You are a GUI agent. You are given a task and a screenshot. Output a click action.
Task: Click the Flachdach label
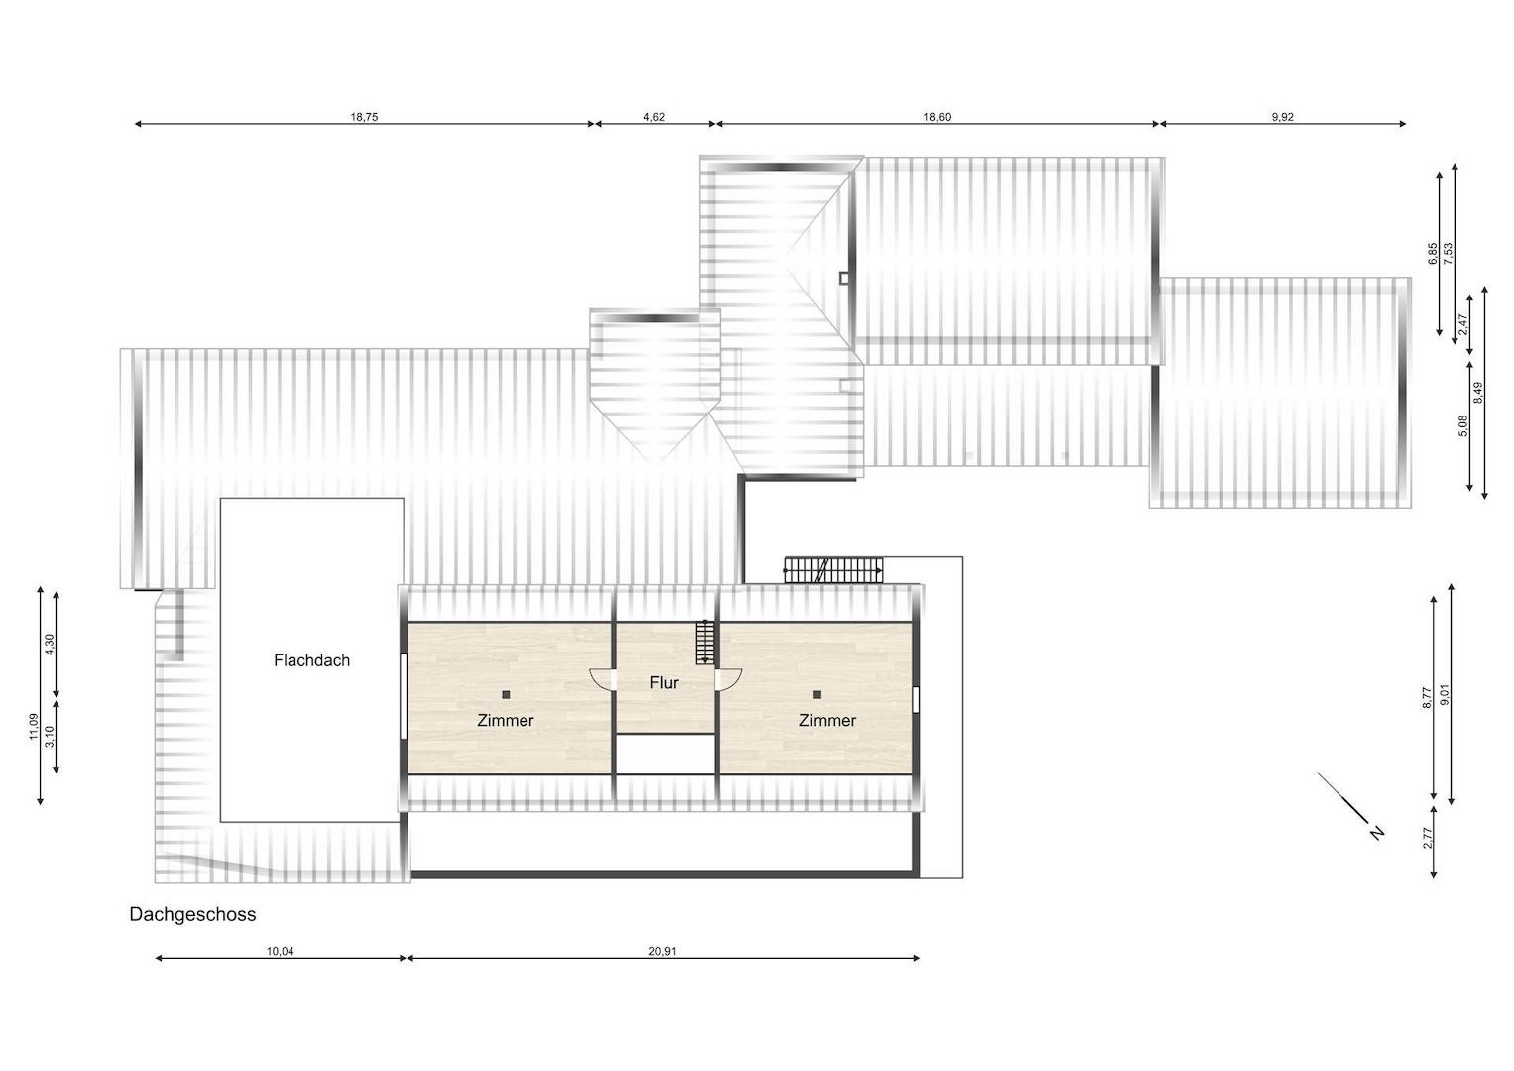[x=311, y=660]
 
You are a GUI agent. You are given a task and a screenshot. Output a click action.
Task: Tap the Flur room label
[x=664, y=683]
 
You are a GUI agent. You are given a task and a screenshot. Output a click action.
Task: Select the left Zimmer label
[x=506, y=721]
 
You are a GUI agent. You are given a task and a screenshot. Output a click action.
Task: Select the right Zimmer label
[x=827, y=721]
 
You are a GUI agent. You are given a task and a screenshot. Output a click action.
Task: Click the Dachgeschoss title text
[x=192, y=914]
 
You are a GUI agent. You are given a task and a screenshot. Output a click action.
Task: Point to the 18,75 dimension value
[x=364, y=117]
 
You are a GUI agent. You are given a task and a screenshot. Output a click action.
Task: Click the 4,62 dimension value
[x=654, y=117]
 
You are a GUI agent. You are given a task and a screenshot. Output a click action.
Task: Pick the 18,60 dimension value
[x=937, y=117]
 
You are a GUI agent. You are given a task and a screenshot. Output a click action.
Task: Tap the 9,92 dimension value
[x=1282, y=117]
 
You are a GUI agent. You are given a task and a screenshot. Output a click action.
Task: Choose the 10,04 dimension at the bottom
[x=280, y=951]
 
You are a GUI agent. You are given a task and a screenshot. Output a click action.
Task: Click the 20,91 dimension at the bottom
[x=662, y=951]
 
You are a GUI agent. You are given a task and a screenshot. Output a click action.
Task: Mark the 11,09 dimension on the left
[x=34, y=727]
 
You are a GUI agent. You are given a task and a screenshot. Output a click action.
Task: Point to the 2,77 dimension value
[x=1428, y=839]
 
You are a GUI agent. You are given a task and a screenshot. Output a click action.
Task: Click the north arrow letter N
[x=1377, y=833]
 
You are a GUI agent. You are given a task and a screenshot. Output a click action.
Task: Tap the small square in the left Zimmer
[x=506, y=694]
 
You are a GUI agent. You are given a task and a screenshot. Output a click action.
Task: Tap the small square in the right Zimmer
[x=816, y=694]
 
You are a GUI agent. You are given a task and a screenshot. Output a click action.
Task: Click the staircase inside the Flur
[x=705, y=643]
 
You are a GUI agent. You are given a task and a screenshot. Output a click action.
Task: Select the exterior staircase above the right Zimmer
[x=834, y=570]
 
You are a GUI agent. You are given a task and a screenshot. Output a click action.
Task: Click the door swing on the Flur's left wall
[x=603, y=679]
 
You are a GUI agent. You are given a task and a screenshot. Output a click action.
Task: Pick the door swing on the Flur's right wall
[x=728, y=679]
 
